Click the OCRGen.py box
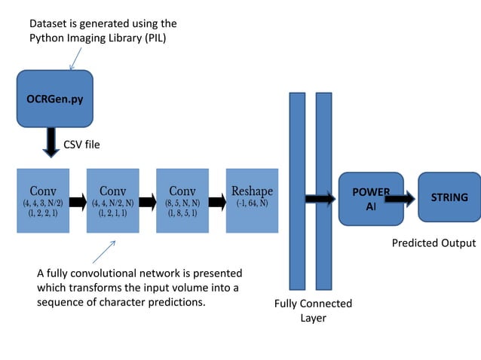[x=54, y=99]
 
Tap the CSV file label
[x=81, y=144]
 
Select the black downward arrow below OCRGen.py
[x=51, y=142]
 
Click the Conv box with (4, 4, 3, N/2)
[x=43, y=201]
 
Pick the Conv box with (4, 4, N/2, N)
[x=113, y=201]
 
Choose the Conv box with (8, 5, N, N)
[x=182, y=201]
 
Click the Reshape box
[x=252, y=201]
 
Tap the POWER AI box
[x=370, y=199]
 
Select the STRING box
[x=449, y=197]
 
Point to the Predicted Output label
[x=434, y=243]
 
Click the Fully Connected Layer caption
[x=313, y=310]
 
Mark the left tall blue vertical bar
[x=297, y=191]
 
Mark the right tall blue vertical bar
[x=323, y=191]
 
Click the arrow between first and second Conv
[x=78, y=202]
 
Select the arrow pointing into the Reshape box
[x=216, y=202]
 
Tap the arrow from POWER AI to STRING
[x=400, y=199]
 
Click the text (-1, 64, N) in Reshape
[x=252, y=203]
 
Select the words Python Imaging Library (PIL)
[x=97, y=38]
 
